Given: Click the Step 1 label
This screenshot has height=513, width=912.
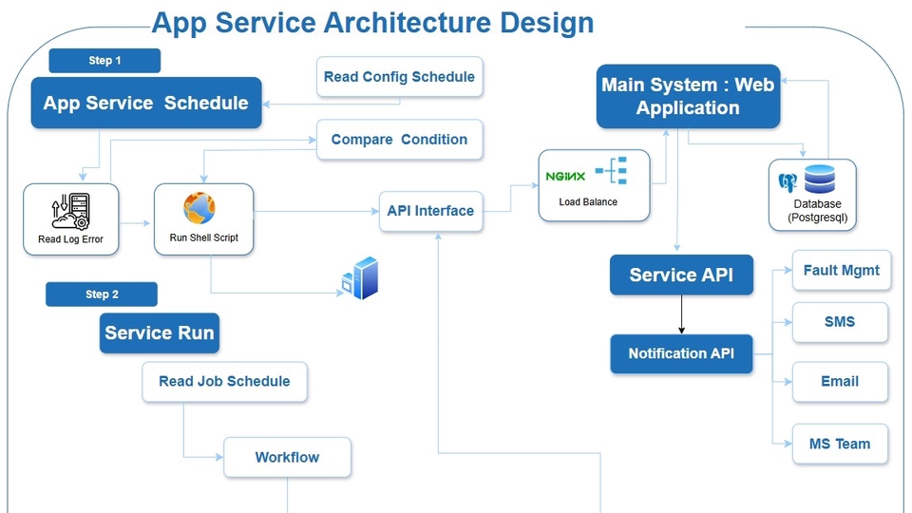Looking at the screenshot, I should coord(104,61).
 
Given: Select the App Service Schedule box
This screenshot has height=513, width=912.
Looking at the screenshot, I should coord(145,103).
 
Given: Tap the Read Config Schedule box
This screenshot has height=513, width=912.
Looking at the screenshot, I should coord(399,77).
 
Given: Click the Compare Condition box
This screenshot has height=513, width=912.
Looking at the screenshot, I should coord(399,140).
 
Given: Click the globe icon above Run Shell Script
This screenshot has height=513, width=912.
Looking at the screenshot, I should coord(199,207).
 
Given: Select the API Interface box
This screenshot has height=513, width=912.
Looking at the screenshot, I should coord(430,211).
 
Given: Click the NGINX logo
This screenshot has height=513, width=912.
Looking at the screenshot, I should coord(565,176).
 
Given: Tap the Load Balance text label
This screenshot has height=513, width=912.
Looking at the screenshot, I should coord(588,202).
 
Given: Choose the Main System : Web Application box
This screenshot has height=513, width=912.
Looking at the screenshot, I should coord(688,96).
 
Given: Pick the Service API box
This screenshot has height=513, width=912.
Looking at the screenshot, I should coord(681,275).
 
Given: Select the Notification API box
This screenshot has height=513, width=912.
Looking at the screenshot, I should coord(681,353).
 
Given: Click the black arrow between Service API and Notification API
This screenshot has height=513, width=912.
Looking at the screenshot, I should coord(681,314).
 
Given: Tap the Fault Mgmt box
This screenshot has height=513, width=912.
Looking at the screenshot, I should coord(841,271).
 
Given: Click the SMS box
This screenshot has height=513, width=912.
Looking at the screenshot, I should coord(840,322).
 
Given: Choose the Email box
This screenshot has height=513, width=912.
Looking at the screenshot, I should coord(840,382).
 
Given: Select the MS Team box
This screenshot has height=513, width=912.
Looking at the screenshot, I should coord(840,444).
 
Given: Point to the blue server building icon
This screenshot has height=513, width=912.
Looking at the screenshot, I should coord(361,278).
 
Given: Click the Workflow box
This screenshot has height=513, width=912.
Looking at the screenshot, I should coord(287,457).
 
